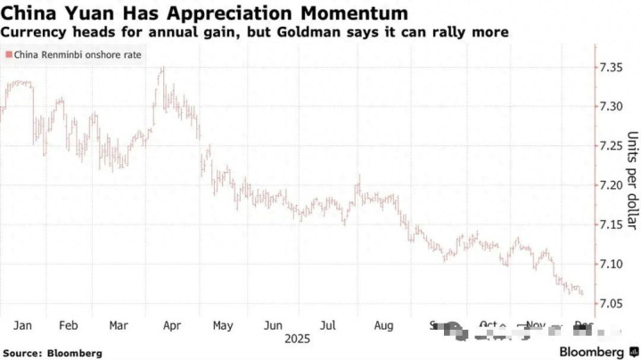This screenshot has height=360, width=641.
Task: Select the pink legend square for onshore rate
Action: click(9, 55)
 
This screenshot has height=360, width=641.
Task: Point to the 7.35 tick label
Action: click(615, 68)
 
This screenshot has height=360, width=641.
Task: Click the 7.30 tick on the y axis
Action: click(615, 107)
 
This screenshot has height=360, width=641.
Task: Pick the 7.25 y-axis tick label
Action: click(615, 146)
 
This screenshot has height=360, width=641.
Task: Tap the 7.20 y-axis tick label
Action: click(615, 185)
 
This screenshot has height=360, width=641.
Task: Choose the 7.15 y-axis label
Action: click(615, 225)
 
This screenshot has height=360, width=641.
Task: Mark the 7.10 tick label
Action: click(615, 265)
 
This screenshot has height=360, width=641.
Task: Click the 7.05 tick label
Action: click(615, 304)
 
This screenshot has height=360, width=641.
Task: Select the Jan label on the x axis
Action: click(24, 326)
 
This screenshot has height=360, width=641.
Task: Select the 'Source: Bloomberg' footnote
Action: click(53, 353)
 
